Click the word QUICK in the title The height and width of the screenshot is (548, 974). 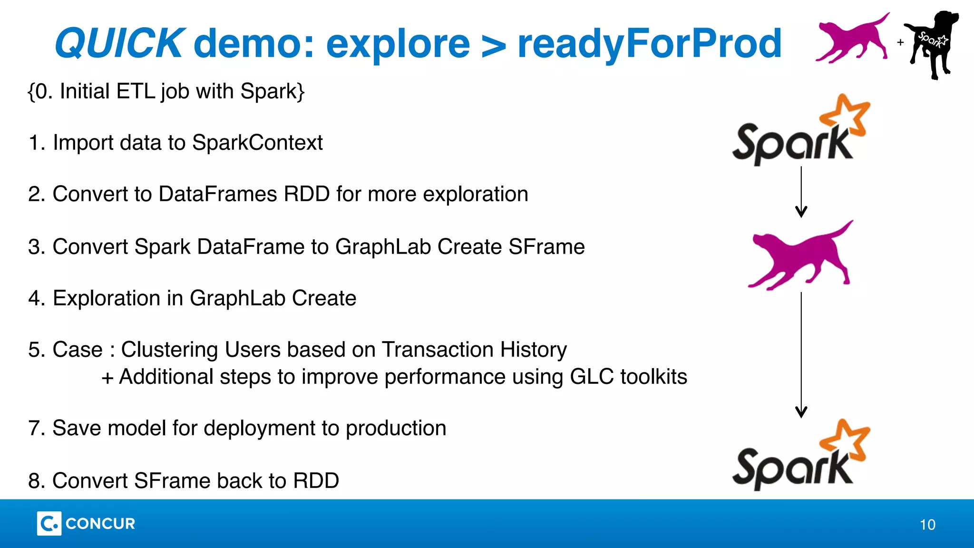click(118, 44)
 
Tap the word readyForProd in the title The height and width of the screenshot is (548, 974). click(649, 44)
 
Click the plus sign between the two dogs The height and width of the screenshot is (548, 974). click(900, 42)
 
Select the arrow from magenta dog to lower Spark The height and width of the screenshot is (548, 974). click(801, 354)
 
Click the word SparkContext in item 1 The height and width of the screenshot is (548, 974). click(257, 143)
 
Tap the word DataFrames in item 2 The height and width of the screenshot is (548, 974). click(218, 194)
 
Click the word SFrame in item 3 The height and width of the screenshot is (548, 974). click(546, 247)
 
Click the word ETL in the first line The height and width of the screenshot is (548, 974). click(136, 91)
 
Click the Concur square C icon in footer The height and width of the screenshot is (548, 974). click(49, 523)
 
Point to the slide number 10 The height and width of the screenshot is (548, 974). click(927, 525)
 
